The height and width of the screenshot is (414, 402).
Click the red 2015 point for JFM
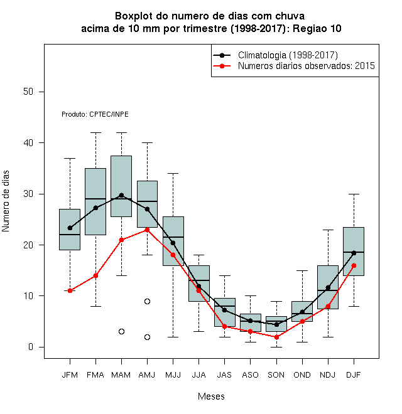(x=70, y=290)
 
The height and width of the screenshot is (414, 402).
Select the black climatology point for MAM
(x=121, y=195)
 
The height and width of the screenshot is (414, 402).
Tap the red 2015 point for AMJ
(x=148, y=230)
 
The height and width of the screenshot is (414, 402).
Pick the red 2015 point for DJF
(x=354, y=265)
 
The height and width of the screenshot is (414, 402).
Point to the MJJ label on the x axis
(x=173, y=375)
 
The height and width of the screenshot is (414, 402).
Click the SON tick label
(x=276, y=375)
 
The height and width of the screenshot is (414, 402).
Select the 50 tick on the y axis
(x=28, y=92)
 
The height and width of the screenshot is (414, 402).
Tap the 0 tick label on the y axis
(x=31, y=347)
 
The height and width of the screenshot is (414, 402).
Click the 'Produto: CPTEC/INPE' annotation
(x=95, y=114)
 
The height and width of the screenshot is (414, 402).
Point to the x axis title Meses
(x=211, y=396)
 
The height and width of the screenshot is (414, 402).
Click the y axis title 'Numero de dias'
(x=6, y=201)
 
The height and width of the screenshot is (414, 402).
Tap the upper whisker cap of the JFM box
(x=70, y=159)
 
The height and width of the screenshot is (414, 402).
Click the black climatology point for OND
(x=302, y=312)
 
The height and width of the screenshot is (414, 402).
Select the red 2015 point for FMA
(x=95, y=275)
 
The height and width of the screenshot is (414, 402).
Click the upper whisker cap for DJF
(x=354, y=194)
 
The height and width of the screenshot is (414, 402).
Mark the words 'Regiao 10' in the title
(x=317, y=28)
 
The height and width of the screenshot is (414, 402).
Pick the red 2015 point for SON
(x=276, y=337)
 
